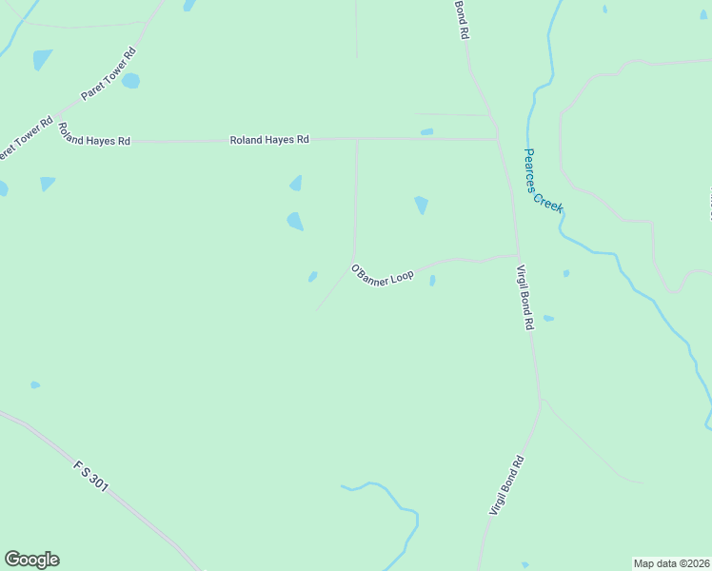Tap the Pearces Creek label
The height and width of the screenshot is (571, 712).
544,179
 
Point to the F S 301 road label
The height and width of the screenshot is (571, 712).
91,477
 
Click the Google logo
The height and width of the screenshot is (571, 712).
31,560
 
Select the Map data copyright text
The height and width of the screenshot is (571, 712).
671,562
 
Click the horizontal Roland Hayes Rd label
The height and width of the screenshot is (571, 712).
269,140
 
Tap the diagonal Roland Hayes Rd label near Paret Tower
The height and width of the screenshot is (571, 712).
93,134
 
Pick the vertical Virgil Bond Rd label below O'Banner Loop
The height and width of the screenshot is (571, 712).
524,298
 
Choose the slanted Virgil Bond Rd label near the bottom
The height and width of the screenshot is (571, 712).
507,486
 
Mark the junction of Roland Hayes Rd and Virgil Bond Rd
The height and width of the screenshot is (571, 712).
498,139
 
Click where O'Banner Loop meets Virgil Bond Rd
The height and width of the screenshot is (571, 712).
518,255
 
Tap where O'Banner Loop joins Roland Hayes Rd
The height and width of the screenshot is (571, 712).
357,139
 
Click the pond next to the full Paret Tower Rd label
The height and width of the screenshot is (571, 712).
130,81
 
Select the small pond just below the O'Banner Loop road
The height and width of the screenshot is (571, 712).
432,281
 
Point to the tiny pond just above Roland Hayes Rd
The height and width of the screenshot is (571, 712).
426,132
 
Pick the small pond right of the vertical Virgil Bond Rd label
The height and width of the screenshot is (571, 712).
548,318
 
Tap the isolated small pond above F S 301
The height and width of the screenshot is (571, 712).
35,385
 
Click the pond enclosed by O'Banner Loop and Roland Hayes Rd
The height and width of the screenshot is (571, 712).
421,205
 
